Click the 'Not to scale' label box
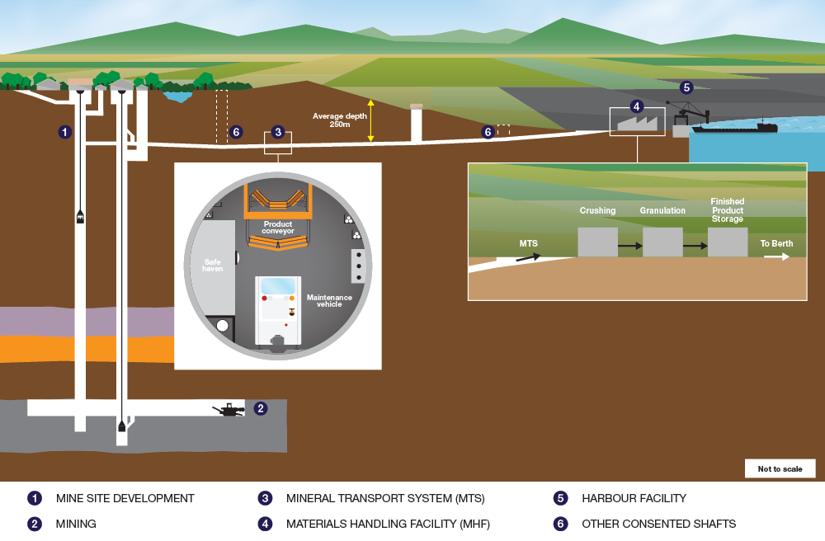coord(780,468)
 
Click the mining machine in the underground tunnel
coord(229,410)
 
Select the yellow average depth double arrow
coord(371,120)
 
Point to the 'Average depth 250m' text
coord(339,120)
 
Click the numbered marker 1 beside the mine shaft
coord(64,132)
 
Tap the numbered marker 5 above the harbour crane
coord(686,87)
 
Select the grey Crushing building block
coord(597,242)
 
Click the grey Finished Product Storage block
coord(728,242)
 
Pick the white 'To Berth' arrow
coord(776,256)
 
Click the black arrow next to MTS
coord(528,257)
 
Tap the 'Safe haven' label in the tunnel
coord(213,265)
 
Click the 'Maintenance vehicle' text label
coord(329,301)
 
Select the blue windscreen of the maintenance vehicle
coord(278,286)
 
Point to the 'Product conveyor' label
coord(278,227)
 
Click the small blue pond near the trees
coord(178,96)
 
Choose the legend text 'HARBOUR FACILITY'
coord(634,498)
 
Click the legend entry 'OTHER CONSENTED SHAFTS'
coord(658,524)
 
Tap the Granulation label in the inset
coord(662,210)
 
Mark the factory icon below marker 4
coord(637,124)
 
